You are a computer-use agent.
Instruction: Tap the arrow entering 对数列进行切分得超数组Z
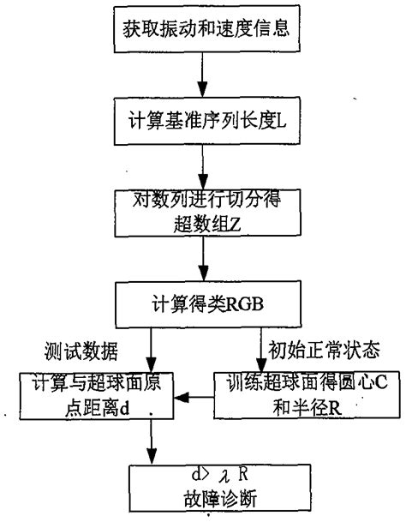tap(202, 169)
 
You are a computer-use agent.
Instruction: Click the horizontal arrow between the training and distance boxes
tap(194, 397)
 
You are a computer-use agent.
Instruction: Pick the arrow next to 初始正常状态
tap(261, 351)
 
